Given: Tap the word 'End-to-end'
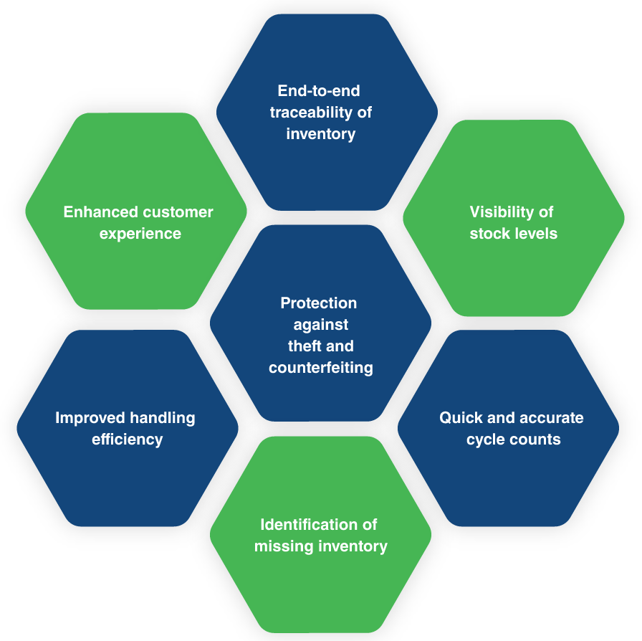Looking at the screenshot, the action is click(x=319, y=90).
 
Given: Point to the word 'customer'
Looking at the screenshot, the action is click(x=178, y=212).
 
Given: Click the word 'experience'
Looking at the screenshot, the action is click(x=140, y=234).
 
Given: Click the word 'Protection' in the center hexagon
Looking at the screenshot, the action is click(x=319, y=303).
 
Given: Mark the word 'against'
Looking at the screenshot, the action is click(x=321, y=325).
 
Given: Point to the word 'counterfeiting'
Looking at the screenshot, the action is click(x=321, y=368).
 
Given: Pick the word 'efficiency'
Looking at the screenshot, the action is click(x=128, y=440).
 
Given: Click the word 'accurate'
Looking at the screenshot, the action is click(x=552, y=418).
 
